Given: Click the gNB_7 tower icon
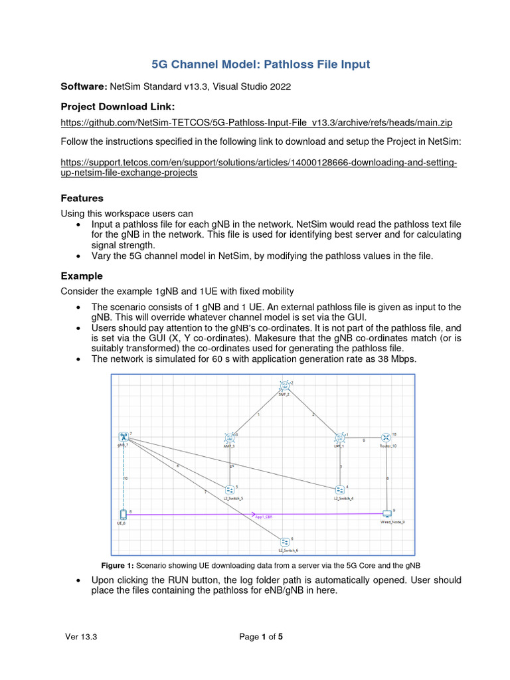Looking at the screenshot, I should (124, 436).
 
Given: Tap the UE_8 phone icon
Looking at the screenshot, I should (123, 514).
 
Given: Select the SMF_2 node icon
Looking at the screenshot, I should (284, 385).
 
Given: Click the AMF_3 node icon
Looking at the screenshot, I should (229, 438).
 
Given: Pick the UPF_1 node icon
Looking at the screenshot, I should (339, 438).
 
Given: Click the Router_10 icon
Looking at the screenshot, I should (386, 437).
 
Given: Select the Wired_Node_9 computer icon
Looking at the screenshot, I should (387, 513).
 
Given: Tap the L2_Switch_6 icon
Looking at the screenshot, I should (284, 541).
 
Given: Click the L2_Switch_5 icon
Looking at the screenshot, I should (229, 489).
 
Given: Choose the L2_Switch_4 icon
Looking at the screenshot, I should (339, 489).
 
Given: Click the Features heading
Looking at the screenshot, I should (82, 198).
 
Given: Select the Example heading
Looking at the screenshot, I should (82, 276).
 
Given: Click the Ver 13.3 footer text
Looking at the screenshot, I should (81, 637).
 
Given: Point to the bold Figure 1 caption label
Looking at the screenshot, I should (118, 565).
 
